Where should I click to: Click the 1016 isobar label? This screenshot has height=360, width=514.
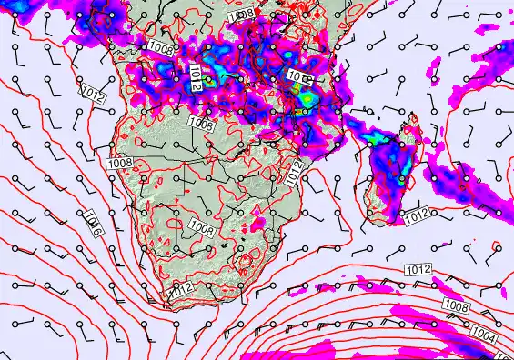coord(94,220)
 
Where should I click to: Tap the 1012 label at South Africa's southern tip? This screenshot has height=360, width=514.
coord(181,289)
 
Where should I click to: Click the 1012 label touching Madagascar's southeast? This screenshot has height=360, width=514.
coord(418,215)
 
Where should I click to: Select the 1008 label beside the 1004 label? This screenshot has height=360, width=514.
coord(458,305)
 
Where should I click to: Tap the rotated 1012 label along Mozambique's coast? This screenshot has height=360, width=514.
coord(295,171)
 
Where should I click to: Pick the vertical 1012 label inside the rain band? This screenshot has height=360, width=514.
coord(197,77)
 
